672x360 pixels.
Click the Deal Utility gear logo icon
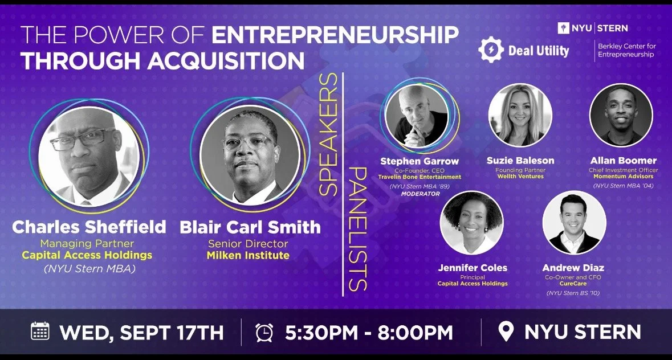coord(490,50)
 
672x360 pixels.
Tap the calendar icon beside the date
coord(40,331)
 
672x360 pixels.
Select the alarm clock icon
coord(264,332)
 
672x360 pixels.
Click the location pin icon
coord(506,332)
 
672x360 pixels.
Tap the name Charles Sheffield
coord(89,227)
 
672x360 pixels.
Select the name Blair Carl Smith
coord(250,227)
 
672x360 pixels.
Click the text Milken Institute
coord(248,255)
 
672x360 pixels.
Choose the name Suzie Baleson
coord(520,161)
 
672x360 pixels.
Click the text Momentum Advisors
coord(623,177)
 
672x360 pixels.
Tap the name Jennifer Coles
coord(473,267)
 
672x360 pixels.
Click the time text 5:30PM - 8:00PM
coord(369,332)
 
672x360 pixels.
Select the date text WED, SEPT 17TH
coord(141,332)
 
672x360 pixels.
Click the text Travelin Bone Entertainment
coord(420,177)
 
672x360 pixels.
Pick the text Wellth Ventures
coord(520,177)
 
